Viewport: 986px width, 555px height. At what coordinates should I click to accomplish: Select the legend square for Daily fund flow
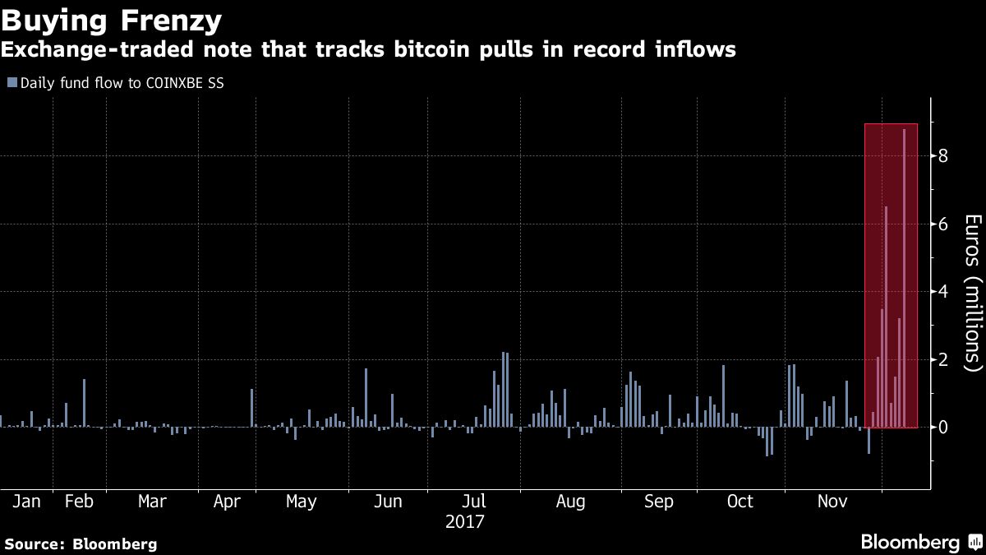(x=12, y=83)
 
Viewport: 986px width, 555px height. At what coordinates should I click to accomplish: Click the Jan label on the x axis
(x=26, y=502)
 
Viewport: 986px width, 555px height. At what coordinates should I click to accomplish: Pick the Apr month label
(x=227, y=502)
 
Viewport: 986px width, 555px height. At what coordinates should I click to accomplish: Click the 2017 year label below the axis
(x=465, y=522)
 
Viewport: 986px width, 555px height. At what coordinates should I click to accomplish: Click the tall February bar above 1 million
(x=84, y=403)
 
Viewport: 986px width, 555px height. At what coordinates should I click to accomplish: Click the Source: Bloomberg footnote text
(x=81, y=544)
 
